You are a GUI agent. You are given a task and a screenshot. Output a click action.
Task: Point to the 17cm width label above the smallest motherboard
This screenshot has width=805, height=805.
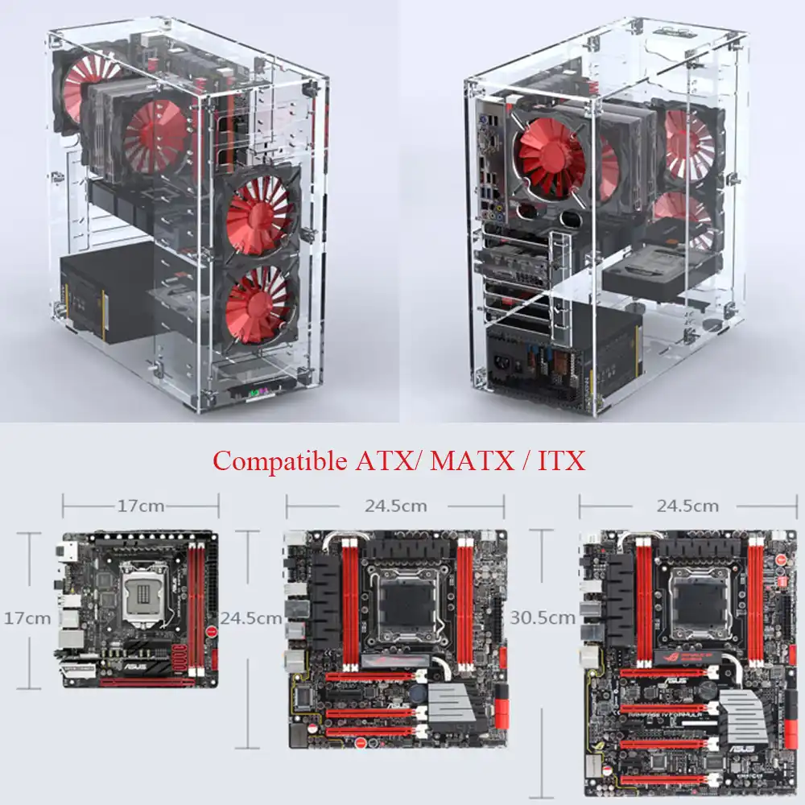(x=141, y=506)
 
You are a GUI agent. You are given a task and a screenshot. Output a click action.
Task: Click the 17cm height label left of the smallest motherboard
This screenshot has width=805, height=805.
(x=27, y=618)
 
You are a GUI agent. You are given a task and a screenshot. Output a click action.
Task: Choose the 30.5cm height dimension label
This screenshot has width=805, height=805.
(x=543, y=618)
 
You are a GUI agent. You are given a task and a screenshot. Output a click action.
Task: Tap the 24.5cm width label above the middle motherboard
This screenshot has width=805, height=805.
(x=395, y=506)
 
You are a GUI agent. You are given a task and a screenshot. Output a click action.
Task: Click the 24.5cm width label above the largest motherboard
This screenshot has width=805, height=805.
(x=687, y=506)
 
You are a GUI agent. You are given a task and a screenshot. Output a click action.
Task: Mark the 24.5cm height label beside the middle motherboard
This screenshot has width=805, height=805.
(x=251, y=618)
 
